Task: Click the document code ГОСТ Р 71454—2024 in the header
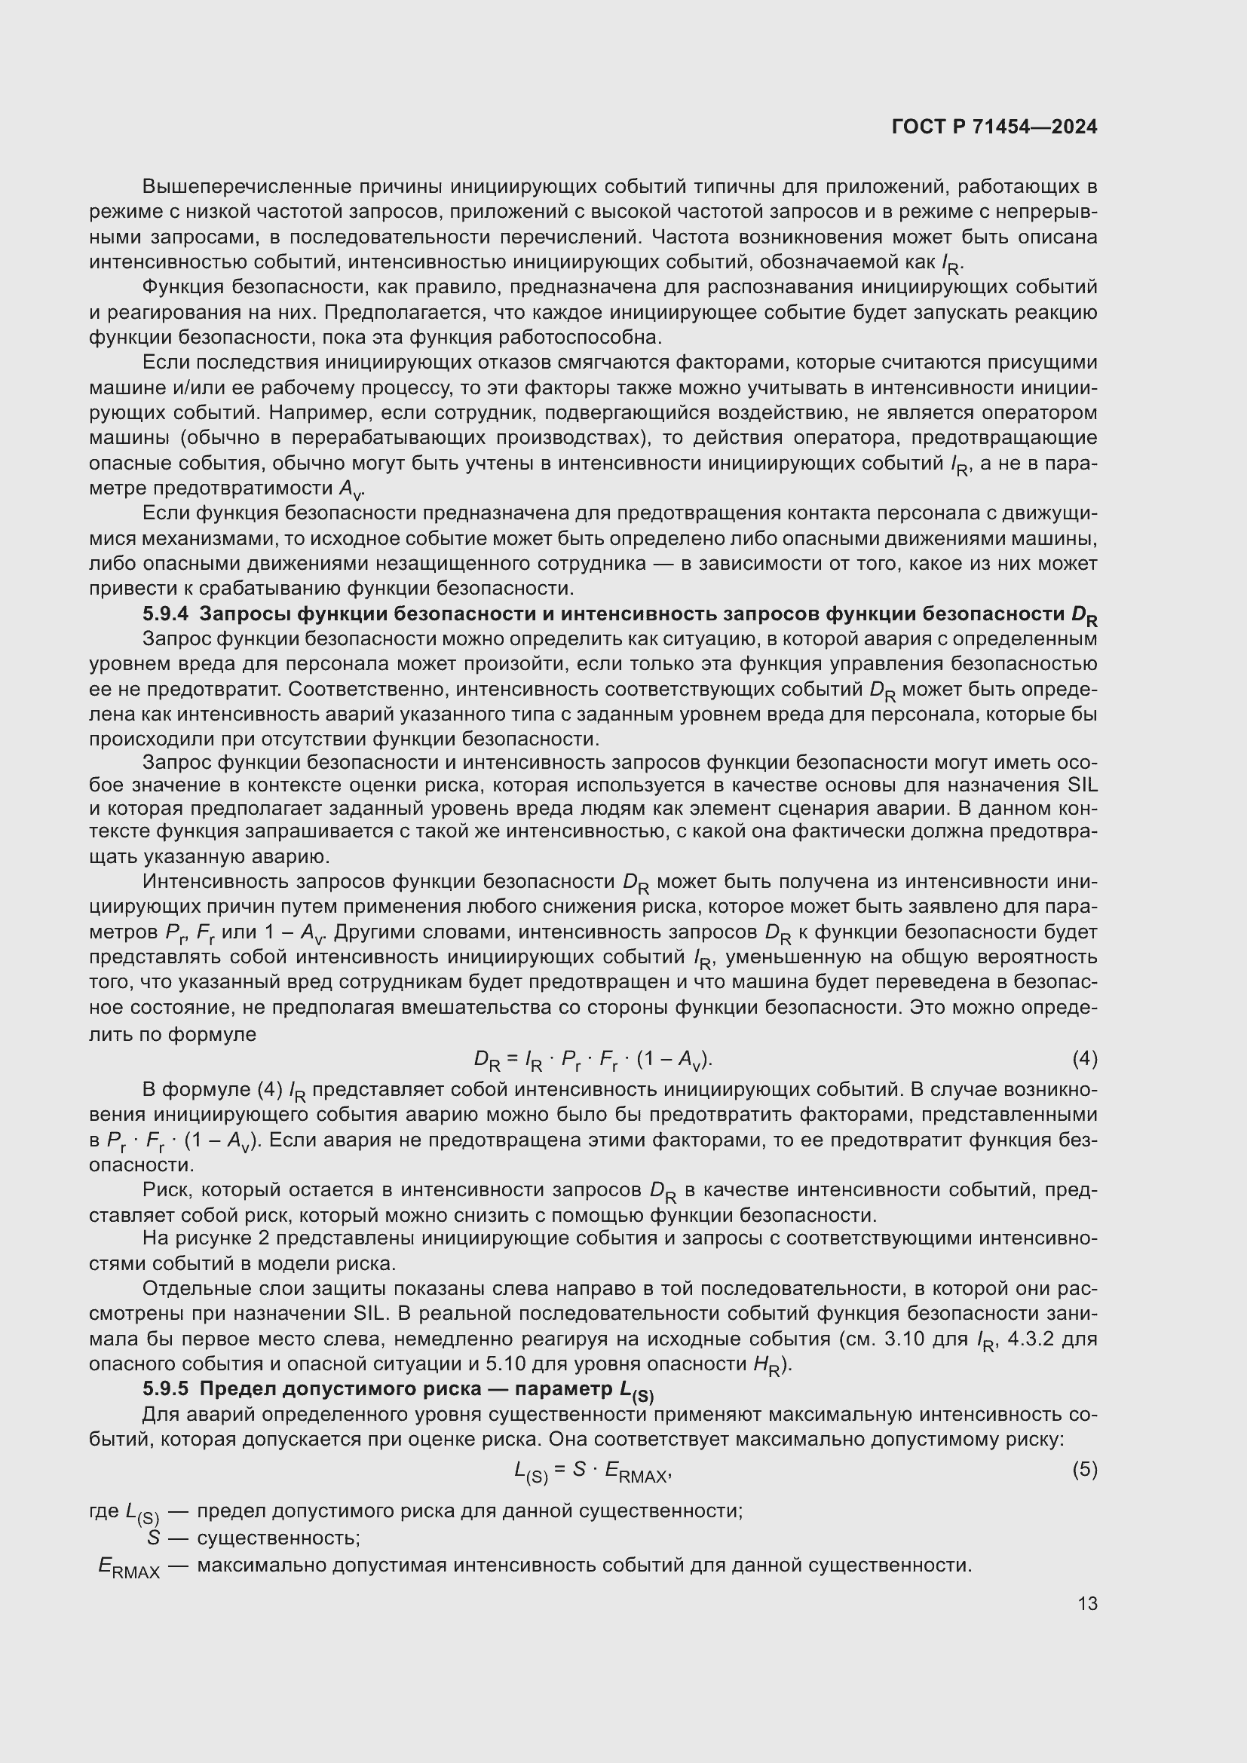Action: [994, 127]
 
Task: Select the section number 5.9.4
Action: [165, 614]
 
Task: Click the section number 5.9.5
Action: [165, 1389]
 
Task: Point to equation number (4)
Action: [1084, 1059]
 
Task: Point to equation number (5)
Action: [1084, 1470]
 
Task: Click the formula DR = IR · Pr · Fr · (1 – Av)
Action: [593, 1061]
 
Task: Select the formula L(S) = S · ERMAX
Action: [593, 1471]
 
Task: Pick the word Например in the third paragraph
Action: [317, 413]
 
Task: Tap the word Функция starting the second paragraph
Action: [182, 287]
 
